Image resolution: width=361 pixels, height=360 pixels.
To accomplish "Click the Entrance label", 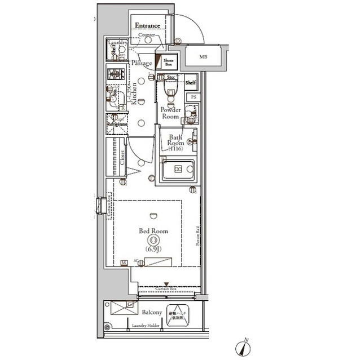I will [x=148, y=26].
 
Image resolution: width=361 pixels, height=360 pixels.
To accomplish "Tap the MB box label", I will [x=202, y=57].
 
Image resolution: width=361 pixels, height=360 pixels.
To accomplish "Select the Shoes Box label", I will [x=169, y=62].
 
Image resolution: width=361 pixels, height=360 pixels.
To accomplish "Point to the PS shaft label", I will [x=193, y=97].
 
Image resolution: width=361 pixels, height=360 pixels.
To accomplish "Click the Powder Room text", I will [x=170, y=113].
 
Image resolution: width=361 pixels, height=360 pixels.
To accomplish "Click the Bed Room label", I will [x=153, y=231].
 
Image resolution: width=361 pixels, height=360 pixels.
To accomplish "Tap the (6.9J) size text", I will [x=153, y=248].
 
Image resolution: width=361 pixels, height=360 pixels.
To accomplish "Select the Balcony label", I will [x=152, y=312].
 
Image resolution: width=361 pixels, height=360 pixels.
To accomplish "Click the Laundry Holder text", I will [x=146, y=326].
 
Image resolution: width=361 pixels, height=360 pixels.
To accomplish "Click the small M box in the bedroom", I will [x=124, y=262].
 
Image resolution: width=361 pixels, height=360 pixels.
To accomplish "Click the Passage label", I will [x=142, y=63].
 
